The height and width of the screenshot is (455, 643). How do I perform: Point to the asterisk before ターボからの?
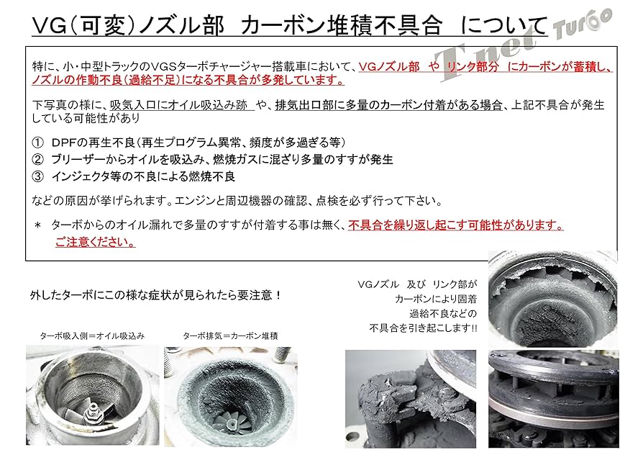[37, 225]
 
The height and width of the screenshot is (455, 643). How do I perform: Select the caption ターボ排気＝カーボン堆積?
[230, 335]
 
